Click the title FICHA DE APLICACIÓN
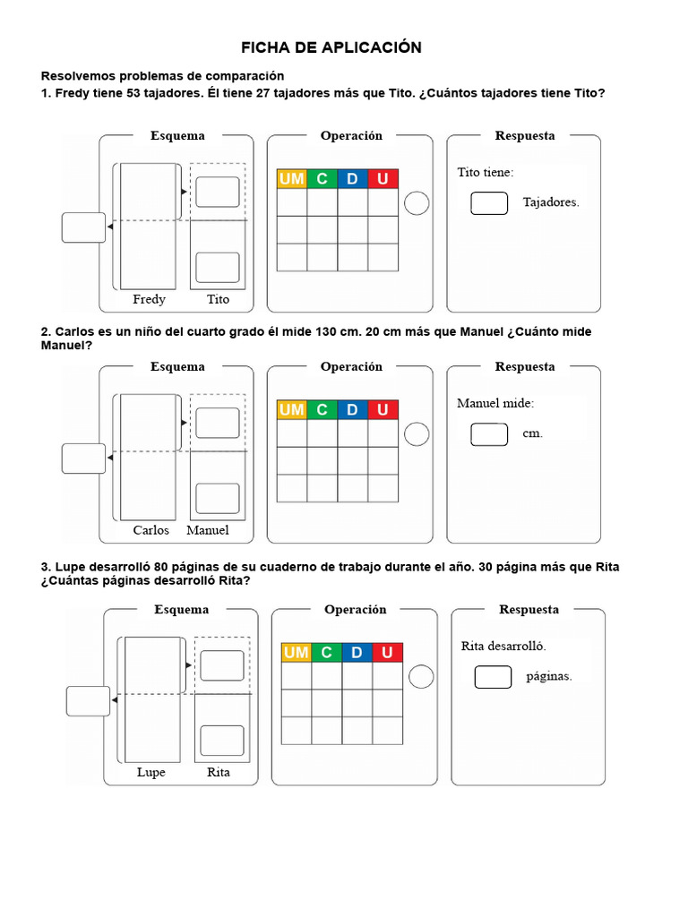point(331,47)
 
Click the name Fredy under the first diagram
point(149,299)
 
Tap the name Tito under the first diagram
point(218,299)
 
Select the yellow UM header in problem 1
point(292,179)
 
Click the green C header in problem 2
point(322,410)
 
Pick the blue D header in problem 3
point(357,653)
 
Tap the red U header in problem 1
point(383,179)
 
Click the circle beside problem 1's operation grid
point(417,204)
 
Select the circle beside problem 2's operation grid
point(417,434)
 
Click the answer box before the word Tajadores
point(489,203)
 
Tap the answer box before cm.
point(489,434)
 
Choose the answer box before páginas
point(493,677)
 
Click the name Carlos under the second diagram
point(150,530)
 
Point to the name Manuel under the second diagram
point(208,530)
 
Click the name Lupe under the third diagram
point(150,772)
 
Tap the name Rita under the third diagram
point(219,772)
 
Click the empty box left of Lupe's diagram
point(88,701)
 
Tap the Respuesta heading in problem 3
point(529,610)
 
